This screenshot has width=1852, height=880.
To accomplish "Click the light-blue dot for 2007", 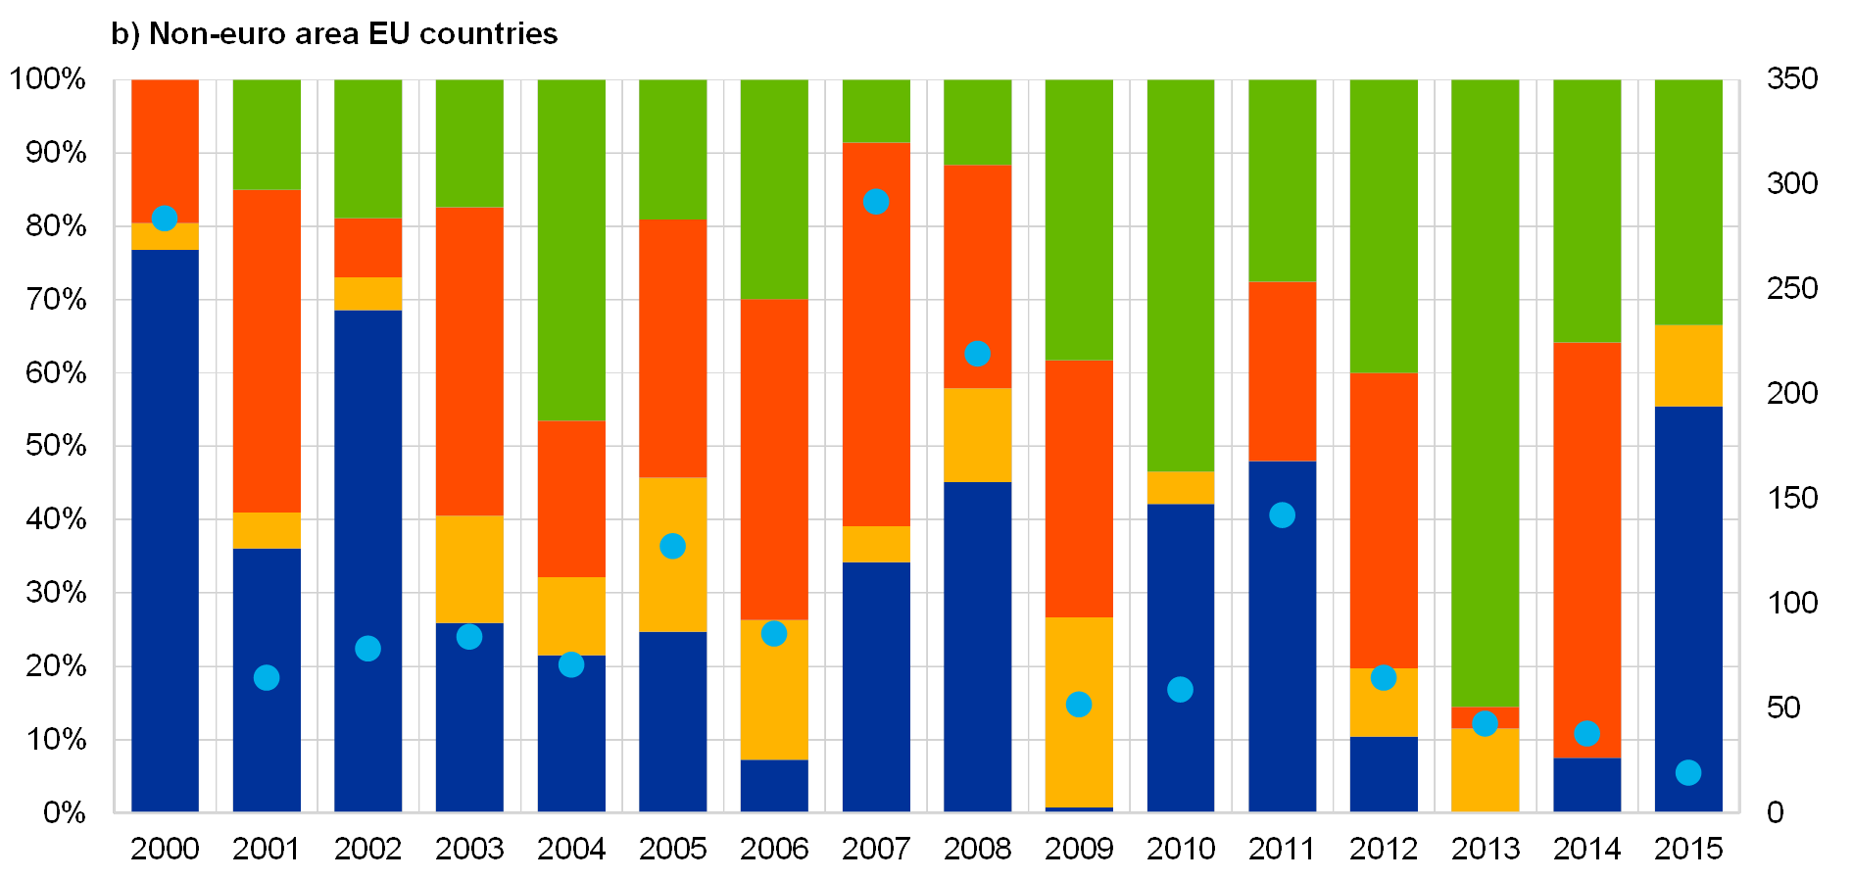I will [x=876, y=202].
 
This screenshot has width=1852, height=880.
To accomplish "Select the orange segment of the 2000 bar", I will [x=165, y=147].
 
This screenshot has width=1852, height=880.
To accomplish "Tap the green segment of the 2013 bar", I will [x=1485, y=392].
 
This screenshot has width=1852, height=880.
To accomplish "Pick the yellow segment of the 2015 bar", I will [x=1687, y=366].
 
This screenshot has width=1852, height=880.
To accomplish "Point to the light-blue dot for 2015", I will [x=1687, y=773].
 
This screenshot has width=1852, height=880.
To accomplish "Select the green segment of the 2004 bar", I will [x=570, y=250].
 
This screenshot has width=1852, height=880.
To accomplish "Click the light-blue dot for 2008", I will [x=977, y=354].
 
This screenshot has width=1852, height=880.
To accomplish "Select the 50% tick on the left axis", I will [x=55, y=446].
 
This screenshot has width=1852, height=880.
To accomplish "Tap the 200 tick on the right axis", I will [x=1791, y=393].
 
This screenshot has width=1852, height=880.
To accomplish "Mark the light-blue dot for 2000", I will [x=165, y=219].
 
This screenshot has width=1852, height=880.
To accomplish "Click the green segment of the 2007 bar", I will [x=876, y=111].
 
